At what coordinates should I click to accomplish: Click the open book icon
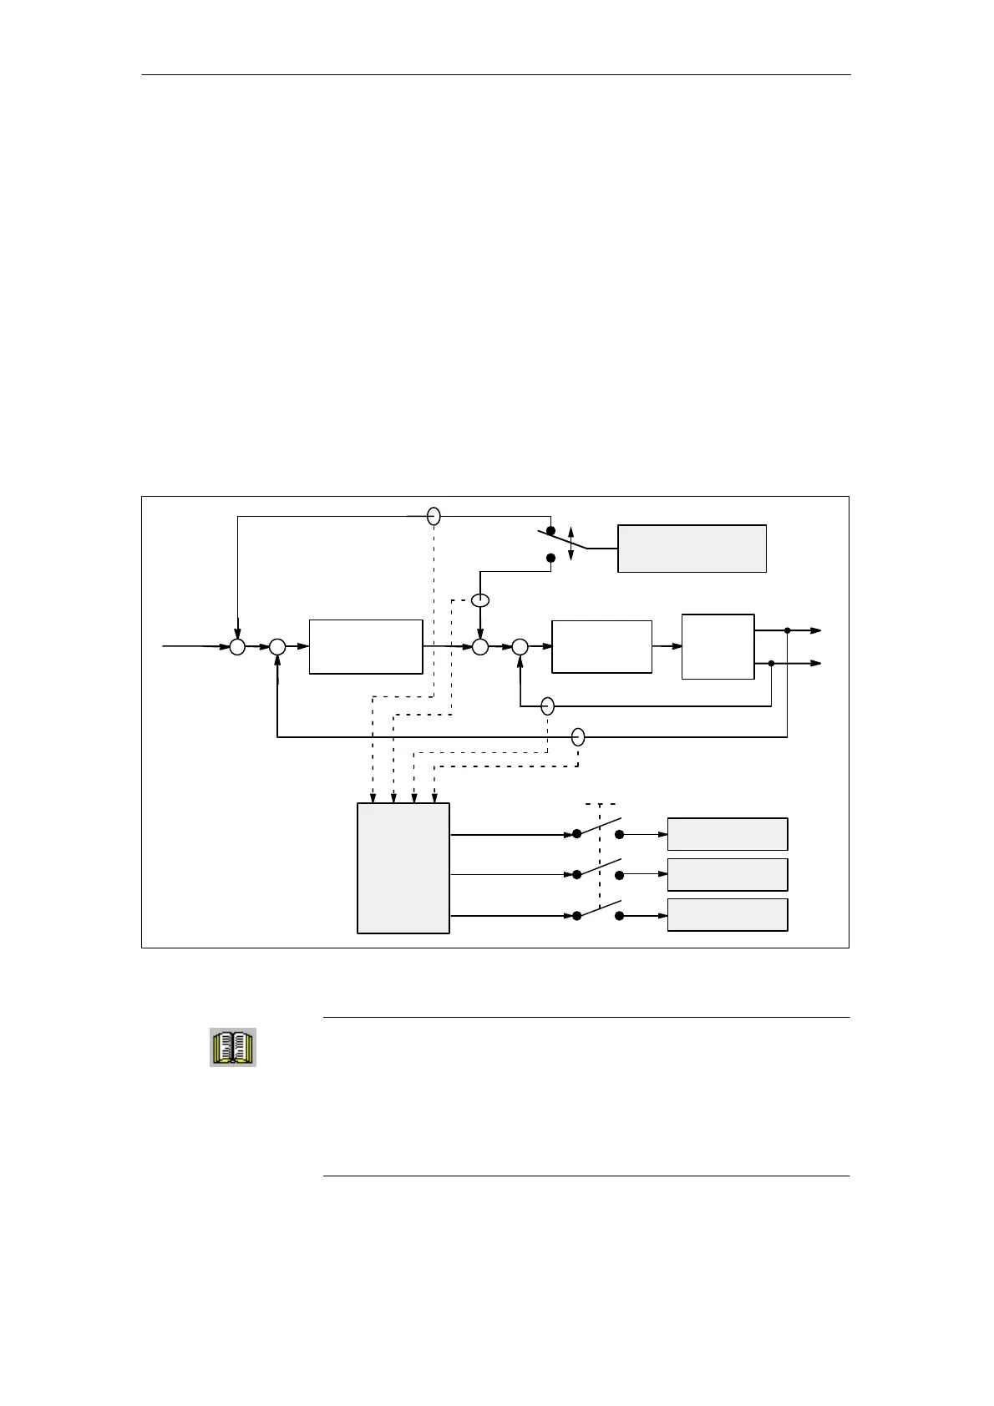coord(232,1047)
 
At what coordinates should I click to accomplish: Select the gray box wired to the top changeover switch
coord(692,549)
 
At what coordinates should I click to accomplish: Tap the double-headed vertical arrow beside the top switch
coord(571,544)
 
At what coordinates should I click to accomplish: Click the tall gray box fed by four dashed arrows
coord(403,868)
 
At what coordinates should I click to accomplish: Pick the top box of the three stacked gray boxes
coord(728,834)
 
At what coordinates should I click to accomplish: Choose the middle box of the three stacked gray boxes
coord(728,874)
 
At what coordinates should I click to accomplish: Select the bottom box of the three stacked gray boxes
coord(728,915)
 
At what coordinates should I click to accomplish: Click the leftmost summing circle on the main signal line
coord(238,646)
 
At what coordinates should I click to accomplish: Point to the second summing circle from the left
coord(277,646)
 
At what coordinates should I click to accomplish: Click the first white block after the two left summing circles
coord(366,646)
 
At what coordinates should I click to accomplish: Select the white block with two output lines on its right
coord(718,646)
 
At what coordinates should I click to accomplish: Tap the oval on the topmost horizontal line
coord(434,517)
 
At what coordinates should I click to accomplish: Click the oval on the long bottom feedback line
coord(578,737)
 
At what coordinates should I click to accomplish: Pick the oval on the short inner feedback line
coord(548,706)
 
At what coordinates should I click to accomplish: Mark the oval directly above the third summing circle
coord(480,600)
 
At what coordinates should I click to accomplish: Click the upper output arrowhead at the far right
coord(817,631)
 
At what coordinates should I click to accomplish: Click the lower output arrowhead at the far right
coord(817,663)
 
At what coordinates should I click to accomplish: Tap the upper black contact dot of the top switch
coord(550,531)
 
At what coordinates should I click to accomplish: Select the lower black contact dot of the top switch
coord(550,558)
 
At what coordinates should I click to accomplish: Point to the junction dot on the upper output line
coord(788,631)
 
